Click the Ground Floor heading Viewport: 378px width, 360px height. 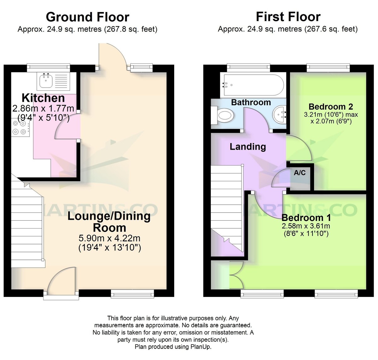[x=88, y=17]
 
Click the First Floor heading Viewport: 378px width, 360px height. [x=288, y=17]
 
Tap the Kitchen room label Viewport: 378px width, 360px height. [x=43, y=98]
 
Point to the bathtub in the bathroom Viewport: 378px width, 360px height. [x=254, y=85]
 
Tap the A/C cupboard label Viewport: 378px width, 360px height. [x=300, y=173]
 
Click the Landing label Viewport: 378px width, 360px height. [x=248, y=147]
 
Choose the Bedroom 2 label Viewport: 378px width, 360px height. [x=330, y=107]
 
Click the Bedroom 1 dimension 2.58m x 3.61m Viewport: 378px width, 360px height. [x=306, y=226]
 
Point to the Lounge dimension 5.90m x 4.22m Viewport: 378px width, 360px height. [x=109, y=238]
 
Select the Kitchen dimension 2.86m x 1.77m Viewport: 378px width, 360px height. [x=43, y=109]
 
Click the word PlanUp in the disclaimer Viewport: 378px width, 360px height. [x=201, y=347]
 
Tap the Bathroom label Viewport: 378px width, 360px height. [x=251, y=102]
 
